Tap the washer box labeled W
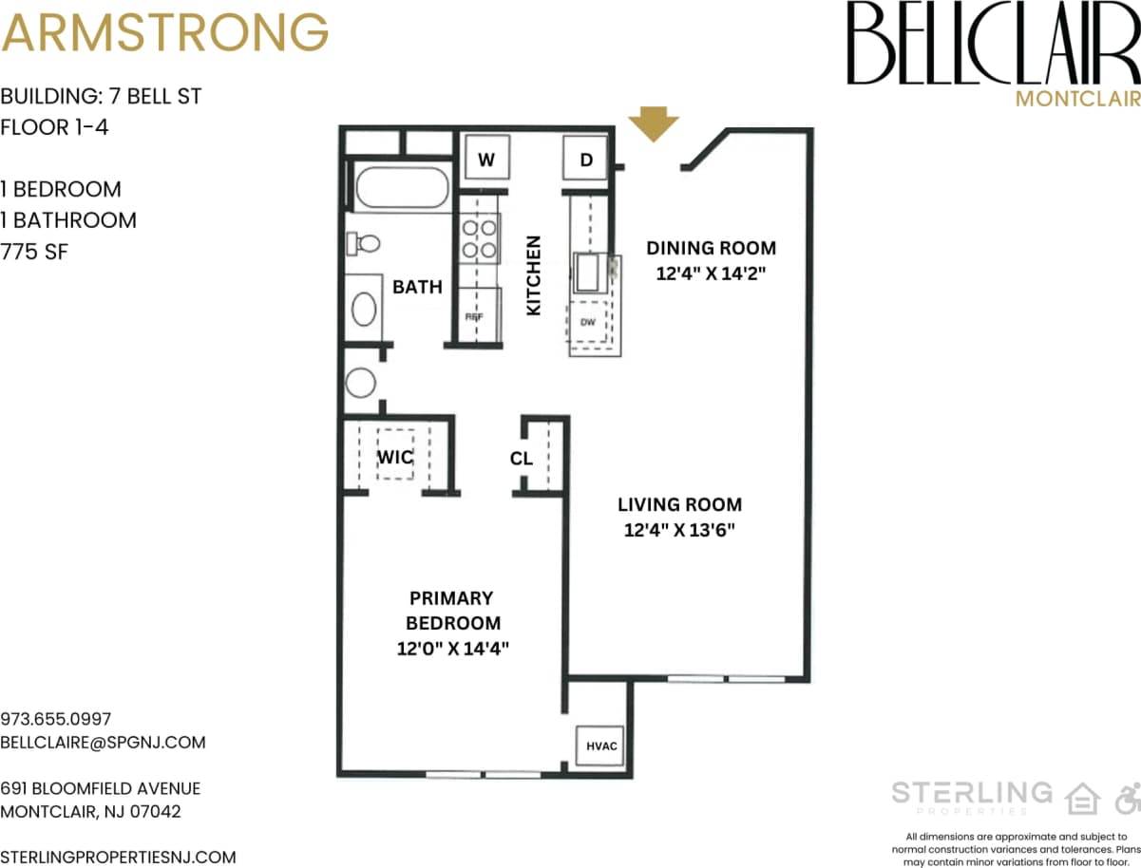coord(486,159)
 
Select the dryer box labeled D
coord(586,159)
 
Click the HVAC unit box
coord(600,745)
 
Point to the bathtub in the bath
coord(401,188)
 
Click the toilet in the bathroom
coord(363,243)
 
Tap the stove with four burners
coord(480,238)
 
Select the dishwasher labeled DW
coord(588,323)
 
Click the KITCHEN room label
coord(533,275)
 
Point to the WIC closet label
coord(395,457)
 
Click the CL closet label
coord(521,459)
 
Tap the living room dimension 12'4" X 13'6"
coord(679,530)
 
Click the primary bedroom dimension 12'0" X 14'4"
coord(453,650)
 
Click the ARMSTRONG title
coord(164,32)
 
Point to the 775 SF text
coord(34,252)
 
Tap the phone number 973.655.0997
coord(56,719)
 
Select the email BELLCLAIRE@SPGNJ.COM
coord(103,742)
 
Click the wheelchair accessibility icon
coord(1127,798)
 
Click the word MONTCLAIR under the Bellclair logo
coord(1076,98)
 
